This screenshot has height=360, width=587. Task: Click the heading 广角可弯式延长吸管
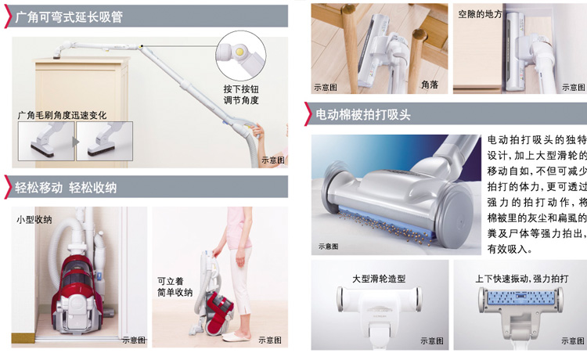[69, 17]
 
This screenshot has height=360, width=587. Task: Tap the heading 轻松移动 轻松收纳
[66, 187]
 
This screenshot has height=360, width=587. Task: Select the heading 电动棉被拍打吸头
[362, 114]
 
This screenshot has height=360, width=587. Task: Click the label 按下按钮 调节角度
[241, 94]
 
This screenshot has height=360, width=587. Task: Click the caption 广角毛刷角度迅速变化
[62, 115]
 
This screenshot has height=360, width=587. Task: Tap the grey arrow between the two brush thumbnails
[76, 142]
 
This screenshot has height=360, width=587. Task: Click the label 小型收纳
[34, 219]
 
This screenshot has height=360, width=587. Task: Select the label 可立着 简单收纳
[175, 286]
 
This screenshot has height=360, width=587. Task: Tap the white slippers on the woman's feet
[236, 337]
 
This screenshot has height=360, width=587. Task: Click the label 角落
[430, 85]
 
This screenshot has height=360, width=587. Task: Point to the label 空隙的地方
[480, 14]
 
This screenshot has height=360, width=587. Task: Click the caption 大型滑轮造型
[379, 279]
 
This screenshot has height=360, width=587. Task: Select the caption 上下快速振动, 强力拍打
[521, 279]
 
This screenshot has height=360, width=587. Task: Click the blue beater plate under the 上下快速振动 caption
[521, 298]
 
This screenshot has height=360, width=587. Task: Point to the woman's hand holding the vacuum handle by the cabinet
[258, 131]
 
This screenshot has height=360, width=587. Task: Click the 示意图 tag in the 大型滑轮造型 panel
[432, 340]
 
